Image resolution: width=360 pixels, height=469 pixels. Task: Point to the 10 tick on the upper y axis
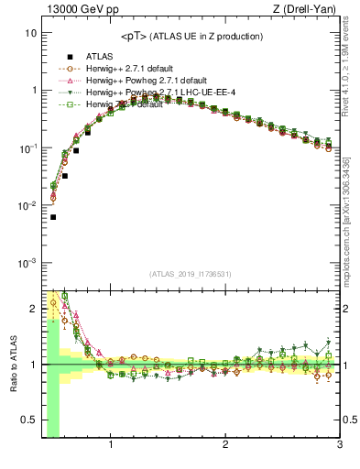[x=30, y=32]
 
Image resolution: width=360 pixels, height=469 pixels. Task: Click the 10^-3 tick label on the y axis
[x=27, y=263]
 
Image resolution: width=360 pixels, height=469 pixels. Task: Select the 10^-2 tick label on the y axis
[x=27, y=205]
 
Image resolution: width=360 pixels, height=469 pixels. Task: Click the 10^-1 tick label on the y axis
[x=27, y=147]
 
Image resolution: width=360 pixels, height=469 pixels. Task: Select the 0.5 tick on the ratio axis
[x=28, y=420]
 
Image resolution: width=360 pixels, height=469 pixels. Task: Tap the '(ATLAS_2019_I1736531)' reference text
[x=190, y=274]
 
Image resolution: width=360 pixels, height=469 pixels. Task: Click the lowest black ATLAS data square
[x=53, y=217]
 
